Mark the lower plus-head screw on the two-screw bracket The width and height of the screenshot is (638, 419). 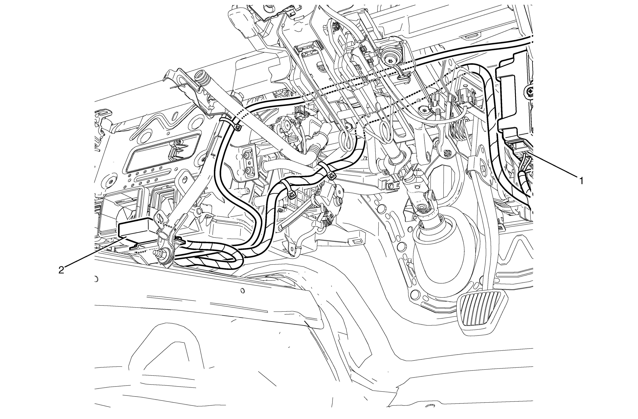tap(248, 170)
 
